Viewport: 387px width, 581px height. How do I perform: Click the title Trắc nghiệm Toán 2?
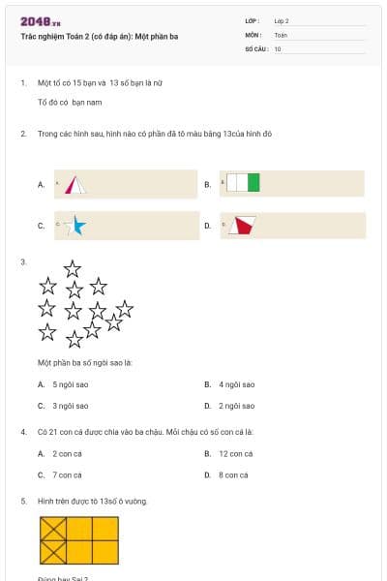click(99, 37)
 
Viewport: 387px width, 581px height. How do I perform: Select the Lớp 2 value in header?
click(282, 20)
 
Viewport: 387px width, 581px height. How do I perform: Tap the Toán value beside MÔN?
click(281, 34)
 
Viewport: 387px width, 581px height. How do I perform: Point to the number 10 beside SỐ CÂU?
click(278, 47)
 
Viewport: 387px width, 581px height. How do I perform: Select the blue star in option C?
click(76, 226)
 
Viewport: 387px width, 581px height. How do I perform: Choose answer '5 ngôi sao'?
click(70, 384)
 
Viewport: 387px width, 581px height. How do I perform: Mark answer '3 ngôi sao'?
click(70, 406)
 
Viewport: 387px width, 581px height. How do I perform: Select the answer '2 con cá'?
click(67, 453)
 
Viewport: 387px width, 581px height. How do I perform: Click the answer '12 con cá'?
click(236, 453)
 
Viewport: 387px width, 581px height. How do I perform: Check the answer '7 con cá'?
click(67, 474)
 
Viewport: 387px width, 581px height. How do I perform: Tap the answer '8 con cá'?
click(233, 474)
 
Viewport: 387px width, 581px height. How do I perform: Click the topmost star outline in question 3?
click(73, 268)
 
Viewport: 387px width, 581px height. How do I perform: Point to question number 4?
click(23, 431)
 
